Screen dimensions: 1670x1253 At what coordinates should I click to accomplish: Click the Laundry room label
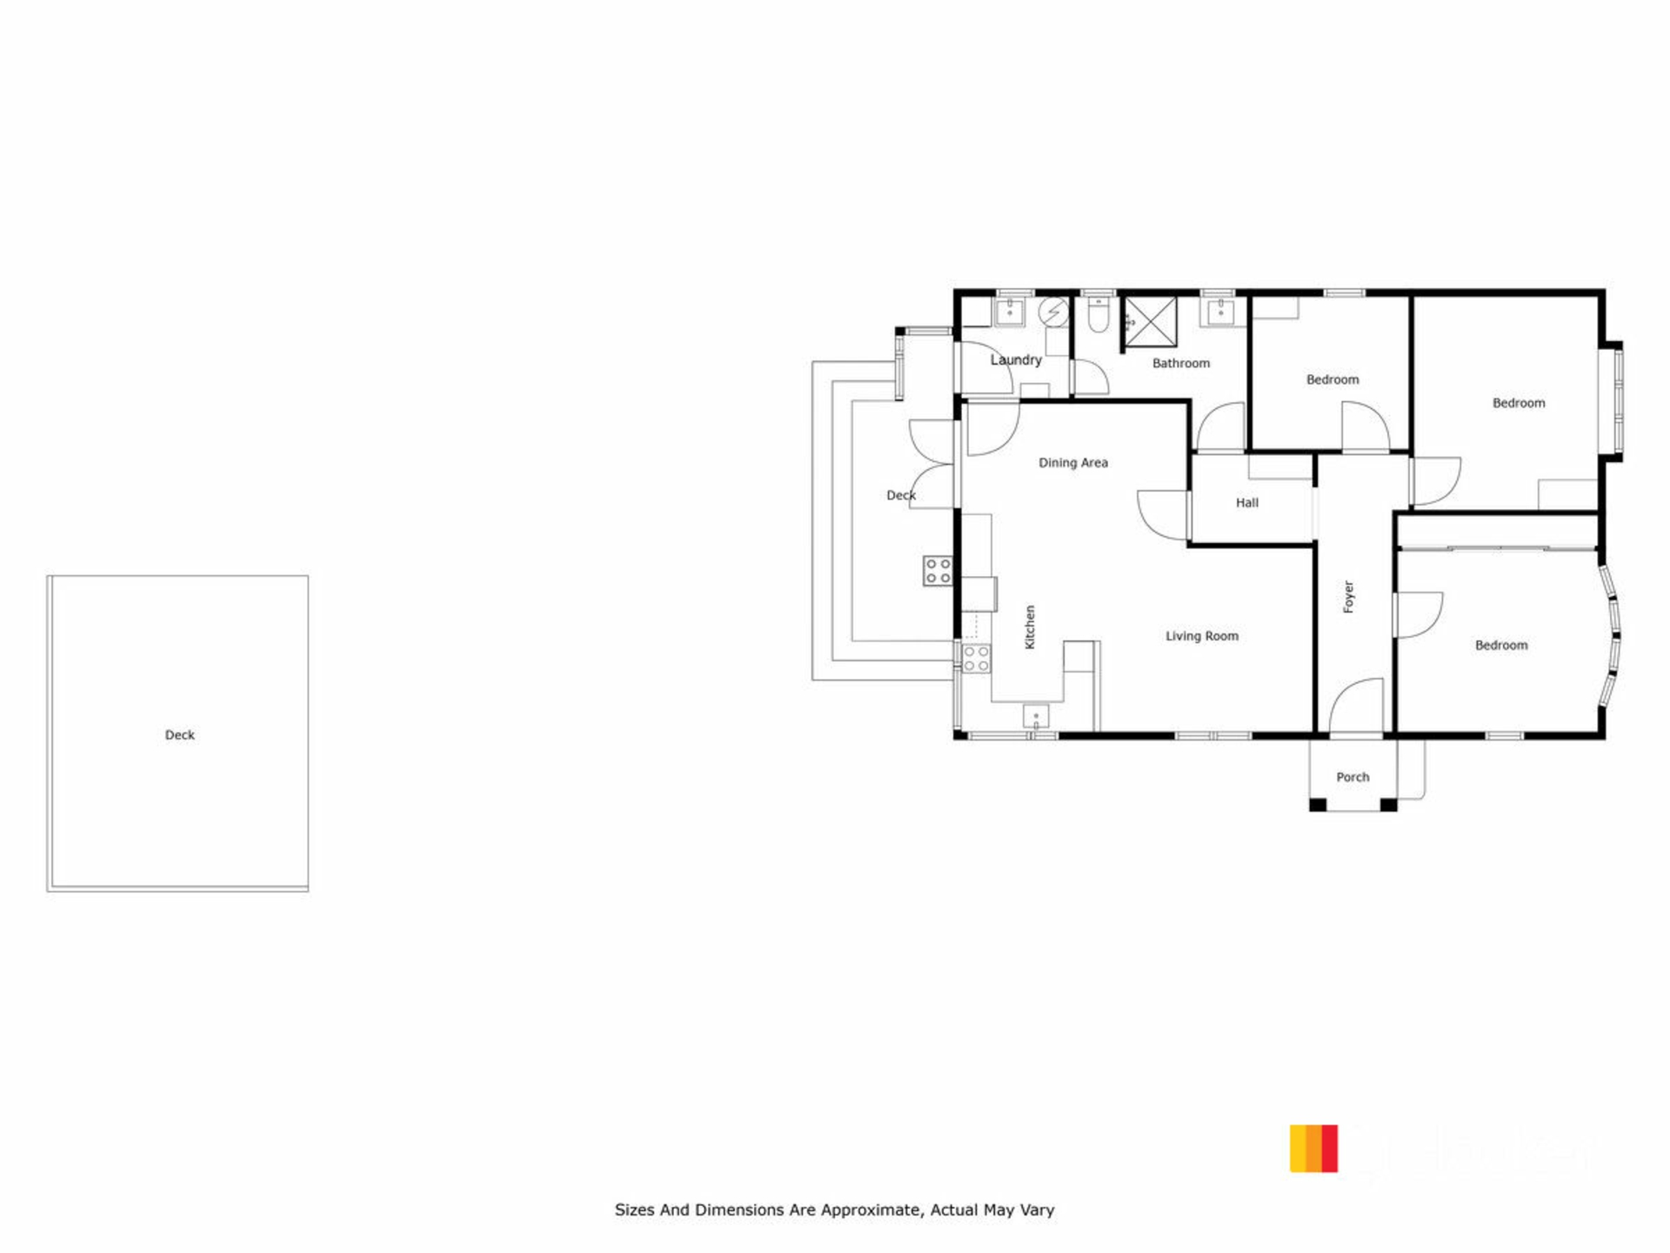coord(1015,359)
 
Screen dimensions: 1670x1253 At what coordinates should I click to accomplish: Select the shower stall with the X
coord(1151,322)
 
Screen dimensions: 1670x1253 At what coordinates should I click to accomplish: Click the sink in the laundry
coord(1010,310)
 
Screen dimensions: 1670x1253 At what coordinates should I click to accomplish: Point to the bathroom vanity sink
coord(1221,311)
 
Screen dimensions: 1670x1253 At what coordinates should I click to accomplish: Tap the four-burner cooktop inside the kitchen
coord(976,659)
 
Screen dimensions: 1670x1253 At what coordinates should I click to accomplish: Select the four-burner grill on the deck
coord(938,571)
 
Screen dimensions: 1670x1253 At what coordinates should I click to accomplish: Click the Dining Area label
coord(1073,463)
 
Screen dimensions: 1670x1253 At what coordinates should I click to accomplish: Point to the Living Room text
coord(1202,636)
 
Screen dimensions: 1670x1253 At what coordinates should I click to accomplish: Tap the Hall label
coord(1247,502)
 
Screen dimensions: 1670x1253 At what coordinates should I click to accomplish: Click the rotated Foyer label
coord(1348,597)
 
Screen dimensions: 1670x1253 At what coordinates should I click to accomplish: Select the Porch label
coord(1353,777)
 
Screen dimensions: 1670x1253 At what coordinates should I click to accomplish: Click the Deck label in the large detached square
coord(180,734)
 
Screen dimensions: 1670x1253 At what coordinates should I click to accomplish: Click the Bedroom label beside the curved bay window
coord(1501,645)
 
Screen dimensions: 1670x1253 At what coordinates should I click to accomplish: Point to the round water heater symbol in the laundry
coord(1053,311)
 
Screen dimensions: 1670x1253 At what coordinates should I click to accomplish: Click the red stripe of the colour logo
coord(1329,1149)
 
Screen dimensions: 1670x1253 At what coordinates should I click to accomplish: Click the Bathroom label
coord(1180,363)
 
